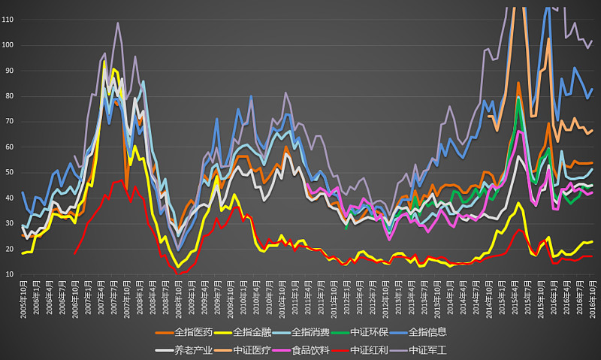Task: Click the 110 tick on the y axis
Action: [x=8, y=20]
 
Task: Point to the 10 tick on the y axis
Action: [x=10, y=274]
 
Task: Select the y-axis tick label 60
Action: [x=10, y=147]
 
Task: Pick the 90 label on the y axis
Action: [x=10, y=71]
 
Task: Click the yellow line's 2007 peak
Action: [x=104, y=62]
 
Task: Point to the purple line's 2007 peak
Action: [x=118, y=23]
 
